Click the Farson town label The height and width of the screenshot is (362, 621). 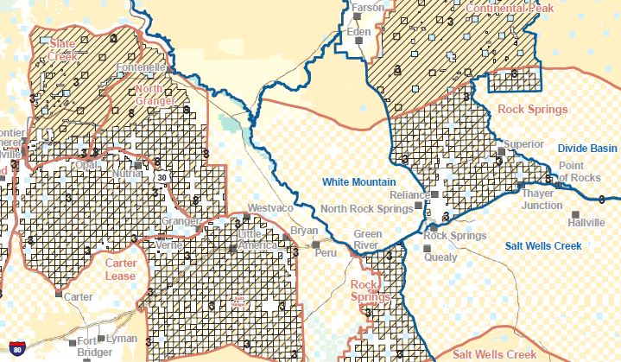(368, 7)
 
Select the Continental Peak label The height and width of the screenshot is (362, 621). (508, 9)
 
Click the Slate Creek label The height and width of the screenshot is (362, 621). (63, 49)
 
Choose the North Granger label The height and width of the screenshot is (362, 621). (155, 94)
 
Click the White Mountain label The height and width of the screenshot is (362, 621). (358, 182)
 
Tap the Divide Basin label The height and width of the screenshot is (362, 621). (587, 149)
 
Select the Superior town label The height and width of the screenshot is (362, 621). (523, 143)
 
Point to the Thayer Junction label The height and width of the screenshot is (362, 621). (542, 200)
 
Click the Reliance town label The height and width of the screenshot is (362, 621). (409, 195)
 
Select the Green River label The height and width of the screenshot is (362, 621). (368, 239)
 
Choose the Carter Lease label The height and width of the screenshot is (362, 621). (121, 269)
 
